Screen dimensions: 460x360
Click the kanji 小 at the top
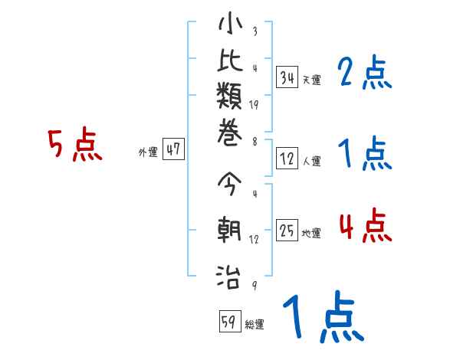(x=230, y=25)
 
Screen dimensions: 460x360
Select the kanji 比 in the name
(x=230, y=63)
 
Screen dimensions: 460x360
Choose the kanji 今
(x=230, y=185)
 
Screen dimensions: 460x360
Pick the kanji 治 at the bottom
(x=230, y=273)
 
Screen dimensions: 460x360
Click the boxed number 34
(x=287, y=77)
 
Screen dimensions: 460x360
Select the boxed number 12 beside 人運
(x=287, y=159)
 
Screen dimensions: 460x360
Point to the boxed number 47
(x=173, y=150)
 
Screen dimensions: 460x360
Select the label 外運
(x=148, y=152)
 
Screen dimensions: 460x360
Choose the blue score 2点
(x=365, y=74)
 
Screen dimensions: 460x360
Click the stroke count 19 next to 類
(x=254, y=106)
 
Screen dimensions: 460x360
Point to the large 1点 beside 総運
(x=322, y=318)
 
